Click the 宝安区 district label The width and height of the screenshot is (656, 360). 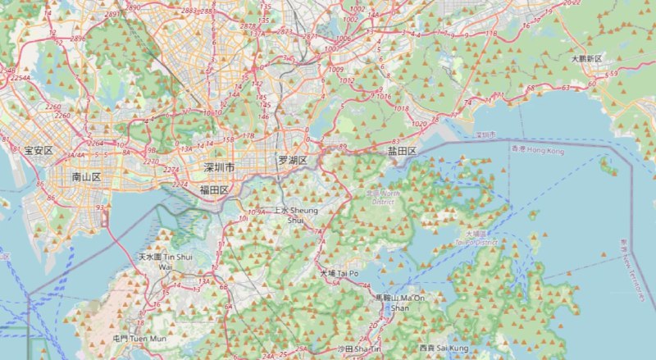(38, 151)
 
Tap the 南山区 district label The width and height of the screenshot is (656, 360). (85, 176)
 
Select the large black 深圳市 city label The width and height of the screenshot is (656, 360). (219, 167)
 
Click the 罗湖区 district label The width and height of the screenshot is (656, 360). (292, 161)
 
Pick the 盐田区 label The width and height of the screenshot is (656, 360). (402, 152)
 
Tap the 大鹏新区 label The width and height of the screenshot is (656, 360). (586, 60)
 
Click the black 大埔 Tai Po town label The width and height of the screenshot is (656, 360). (339, 273)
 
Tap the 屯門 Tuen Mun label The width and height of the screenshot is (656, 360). (127, 339)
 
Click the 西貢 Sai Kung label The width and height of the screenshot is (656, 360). (443, 349)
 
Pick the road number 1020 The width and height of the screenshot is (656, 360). (419, 123)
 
